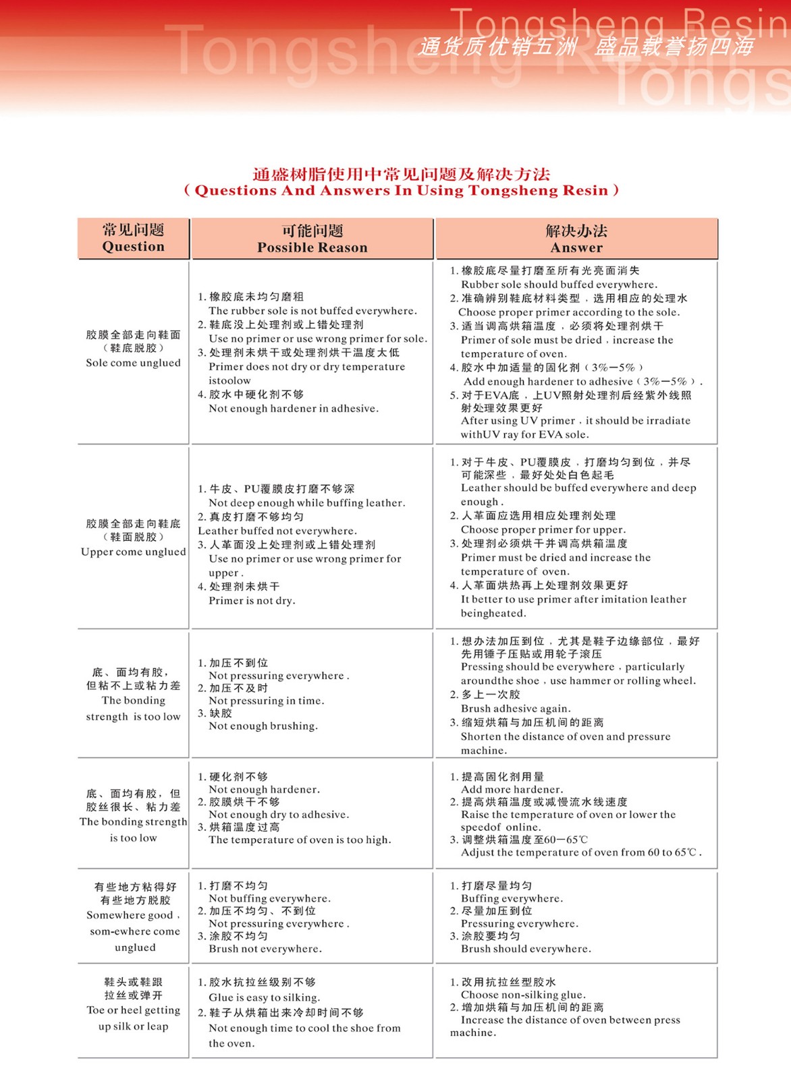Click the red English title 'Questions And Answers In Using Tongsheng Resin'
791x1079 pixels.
(402, 191)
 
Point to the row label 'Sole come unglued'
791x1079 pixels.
(133, 363)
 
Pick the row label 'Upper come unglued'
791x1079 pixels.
(133, 552)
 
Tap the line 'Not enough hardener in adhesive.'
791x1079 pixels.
(294, 409)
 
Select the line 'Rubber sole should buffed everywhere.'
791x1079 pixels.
(559, 285)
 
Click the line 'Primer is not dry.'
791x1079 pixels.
(252, 601)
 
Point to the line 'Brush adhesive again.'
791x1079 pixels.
(516, 709)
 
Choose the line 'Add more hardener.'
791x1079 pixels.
(512, 790)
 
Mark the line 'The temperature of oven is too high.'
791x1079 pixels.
(300, 840)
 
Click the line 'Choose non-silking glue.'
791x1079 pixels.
(523, 995)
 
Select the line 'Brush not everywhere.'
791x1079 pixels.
(265, 949)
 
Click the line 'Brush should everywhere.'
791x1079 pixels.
(526, 949)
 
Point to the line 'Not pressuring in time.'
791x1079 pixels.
(267, 701)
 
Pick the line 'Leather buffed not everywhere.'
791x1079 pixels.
(277, 531)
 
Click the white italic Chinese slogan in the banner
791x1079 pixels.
(585, 46)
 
